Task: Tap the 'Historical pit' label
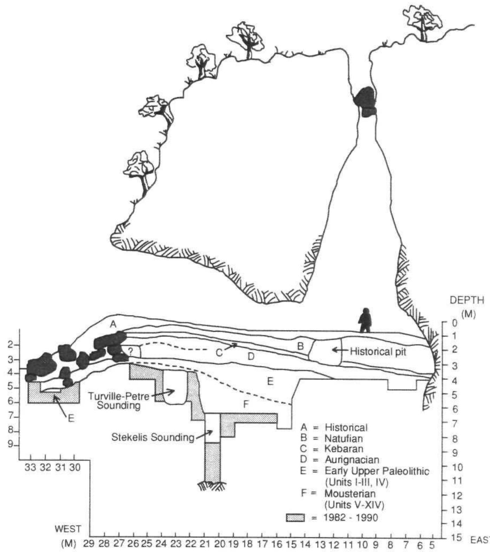378,352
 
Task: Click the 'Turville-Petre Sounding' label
119,401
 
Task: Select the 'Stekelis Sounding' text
153,437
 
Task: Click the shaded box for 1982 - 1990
295,518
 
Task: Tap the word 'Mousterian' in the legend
350,493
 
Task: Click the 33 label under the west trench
30,468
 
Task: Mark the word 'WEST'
68,529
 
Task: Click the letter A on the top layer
113,325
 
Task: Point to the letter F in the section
246,404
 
